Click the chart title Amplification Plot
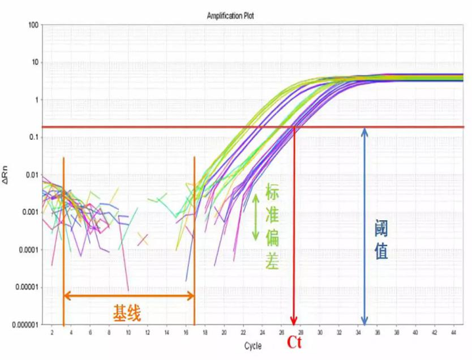pos(231,16)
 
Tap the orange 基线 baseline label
pos(127,313)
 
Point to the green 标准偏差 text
pos(272,227)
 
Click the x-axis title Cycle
pos(253,346)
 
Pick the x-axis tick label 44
pos(453,333)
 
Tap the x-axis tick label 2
pos(52,333)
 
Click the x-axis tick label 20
pos(224,333)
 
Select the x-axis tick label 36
pos(376,333)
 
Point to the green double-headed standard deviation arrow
pos(255,218)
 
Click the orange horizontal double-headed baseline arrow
pos(129,295)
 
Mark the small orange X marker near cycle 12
pos(143,238)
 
